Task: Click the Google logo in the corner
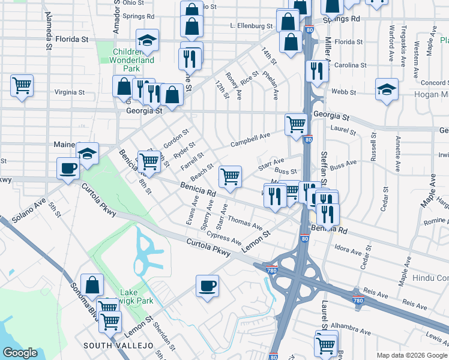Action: (20, 353)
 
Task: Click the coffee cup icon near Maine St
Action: (68, 167)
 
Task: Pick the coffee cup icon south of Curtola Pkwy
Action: (208, 285)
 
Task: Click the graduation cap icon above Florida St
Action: (147, 40)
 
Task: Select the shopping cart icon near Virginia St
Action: (22, 85)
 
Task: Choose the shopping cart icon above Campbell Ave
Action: (296, 124)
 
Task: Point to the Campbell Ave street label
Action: (251, 140)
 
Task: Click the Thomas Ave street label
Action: (244, 224)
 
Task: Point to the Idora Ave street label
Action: (346, 247)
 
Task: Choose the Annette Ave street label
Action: (398, 145)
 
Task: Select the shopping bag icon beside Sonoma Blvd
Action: (94, 285)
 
